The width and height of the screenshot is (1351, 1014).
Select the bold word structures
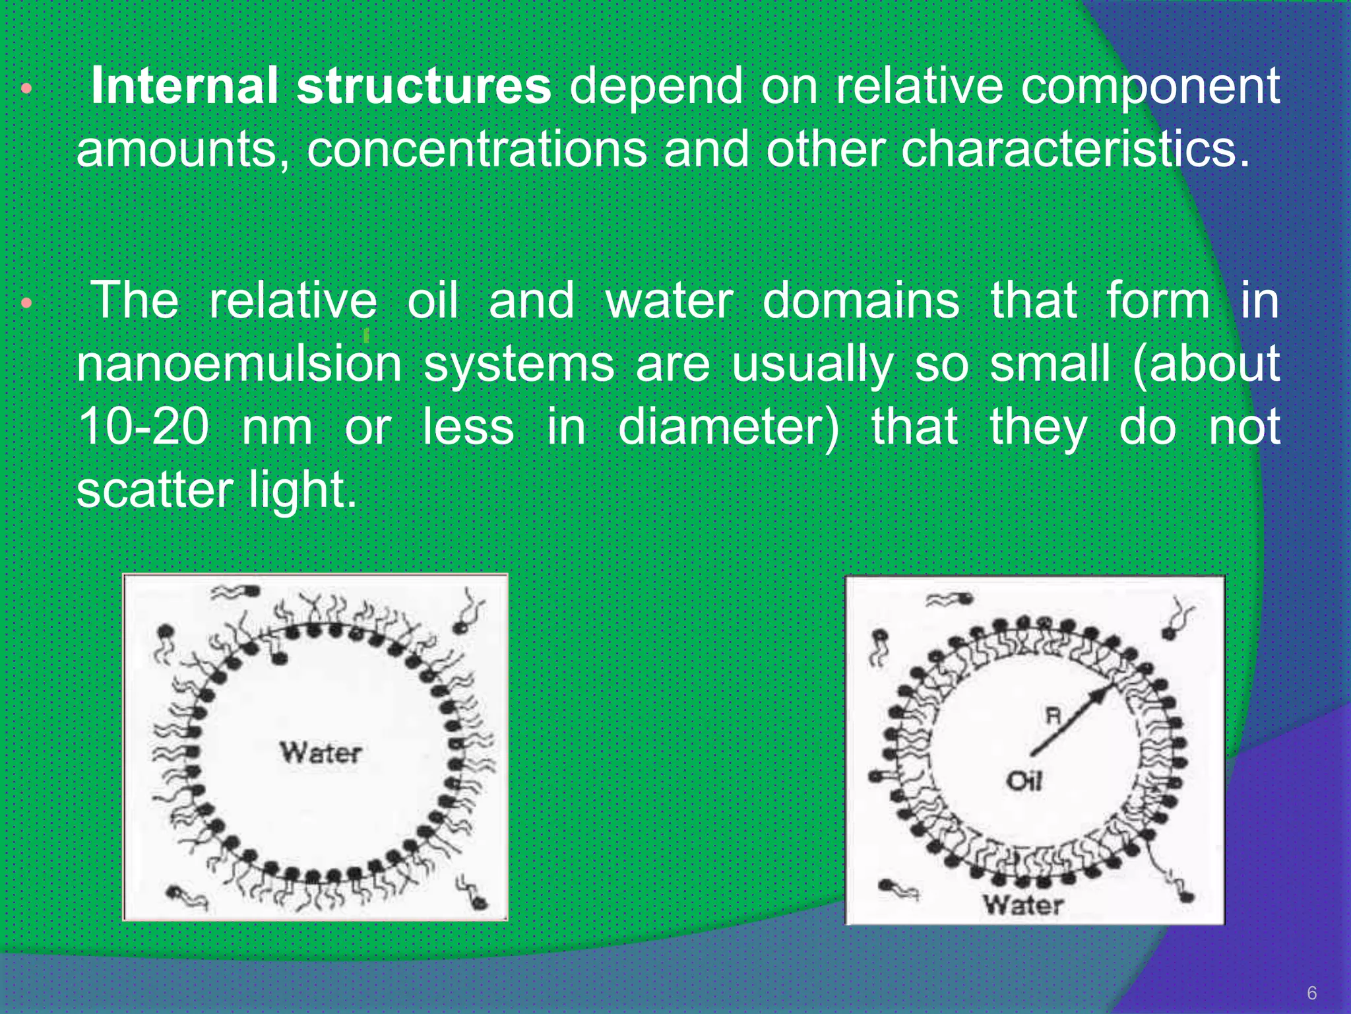click(423, 86)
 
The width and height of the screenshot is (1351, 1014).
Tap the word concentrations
click(476, 149)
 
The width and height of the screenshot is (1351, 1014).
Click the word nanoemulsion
click(239, 364)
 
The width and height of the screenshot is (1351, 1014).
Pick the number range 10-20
click(143, 426)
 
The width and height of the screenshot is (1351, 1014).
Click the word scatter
click(154, 490)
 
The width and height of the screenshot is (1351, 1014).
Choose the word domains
click(861, 300)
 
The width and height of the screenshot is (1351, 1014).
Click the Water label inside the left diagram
click(321, 753)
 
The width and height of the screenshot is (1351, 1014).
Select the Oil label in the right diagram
click(1024, 782)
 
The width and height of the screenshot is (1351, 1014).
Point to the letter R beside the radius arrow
click(1053, 716)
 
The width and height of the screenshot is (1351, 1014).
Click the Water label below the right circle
click(1023, 905)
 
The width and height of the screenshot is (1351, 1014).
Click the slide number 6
click(1311, 993)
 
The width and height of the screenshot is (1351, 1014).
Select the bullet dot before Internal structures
click(26, 88)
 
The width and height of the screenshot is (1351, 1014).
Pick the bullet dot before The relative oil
click(26, 304)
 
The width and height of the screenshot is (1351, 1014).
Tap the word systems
click(518, 364)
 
